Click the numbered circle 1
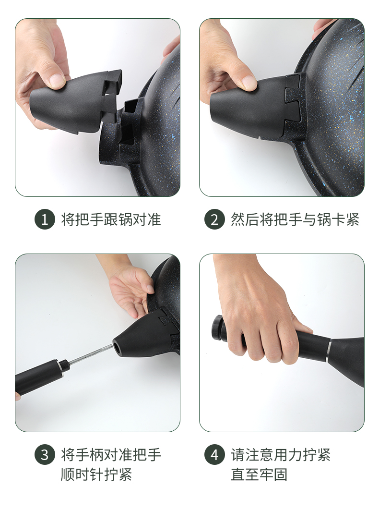coord(45,219)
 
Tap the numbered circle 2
coord(214,219)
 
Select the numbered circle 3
coord(45,455)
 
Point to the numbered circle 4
coord(214,455)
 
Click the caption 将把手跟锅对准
coord(111,219)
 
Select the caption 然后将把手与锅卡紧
coord(295,219)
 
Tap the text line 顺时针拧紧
coord(96,474)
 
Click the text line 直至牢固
coord(259,474)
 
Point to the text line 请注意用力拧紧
coord(281,455)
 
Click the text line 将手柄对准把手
coord(111,455)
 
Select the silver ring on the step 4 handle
coord(329,351)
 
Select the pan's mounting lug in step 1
coord(122,136)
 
